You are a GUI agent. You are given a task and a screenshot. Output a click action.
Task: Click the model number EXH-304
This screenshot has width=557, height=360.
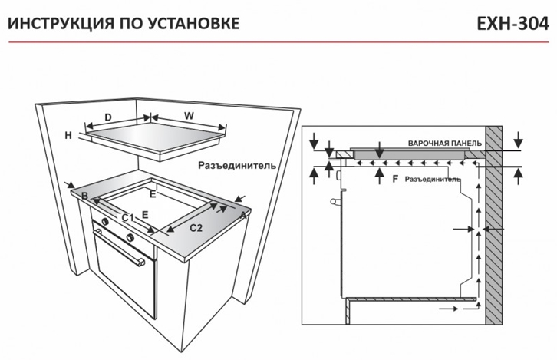point(513,24)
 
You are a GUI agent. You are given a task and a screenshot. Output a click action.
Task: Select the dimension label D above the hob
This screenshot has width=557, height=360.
point(108,117)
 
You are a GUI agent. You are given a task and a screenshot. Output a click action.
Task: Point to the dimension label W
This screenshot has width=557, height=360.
point(189,116)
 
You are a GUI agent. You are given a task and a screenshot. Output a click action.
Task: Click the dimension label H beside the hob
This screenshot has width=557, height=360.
point(68,135)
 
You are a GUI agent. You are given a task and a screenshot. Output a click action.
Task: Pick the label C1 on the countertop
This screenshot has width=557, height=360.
point(127,217)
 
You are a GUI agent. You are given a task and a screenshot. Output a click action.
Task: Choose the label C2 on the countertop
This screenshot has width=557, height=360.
point(196,228)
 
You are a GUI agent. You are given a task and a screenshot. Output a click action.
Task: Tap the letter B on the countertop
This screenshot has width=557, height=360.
point(84,196)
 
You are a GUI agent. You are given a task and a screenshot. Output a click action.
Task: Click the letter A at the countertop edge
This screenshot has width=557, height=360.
point(243,215)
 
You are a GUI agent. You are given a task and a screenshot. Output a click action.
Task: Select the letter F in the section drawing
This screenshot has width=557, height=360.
point(395,179)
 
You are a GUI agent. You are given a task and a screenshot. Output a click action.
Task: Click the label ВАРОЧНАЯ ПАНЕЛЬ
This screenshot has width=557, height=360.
point(445,144)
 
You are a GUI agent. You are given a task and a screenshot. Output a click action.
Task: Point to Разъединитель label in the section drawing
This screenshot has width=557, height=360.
point(432,180)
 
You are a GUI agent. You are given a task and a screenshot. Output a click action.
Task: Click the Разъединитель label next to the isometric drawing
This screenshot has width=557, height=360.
point(237,165)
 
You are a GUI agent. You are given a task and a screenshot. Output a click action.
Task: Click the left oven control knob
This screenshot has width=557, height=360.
point(105,222)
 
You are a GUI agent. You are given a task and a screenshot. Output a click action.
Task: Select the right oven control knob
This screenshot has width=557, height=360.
point(130,236)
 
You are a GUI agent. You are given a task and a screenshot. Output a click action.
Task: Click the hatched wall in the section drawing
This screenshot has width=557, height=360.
point(494,225)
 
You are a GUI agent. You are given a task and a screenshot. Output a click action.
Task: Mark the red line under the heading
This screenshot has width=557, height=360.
point(278,42)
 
